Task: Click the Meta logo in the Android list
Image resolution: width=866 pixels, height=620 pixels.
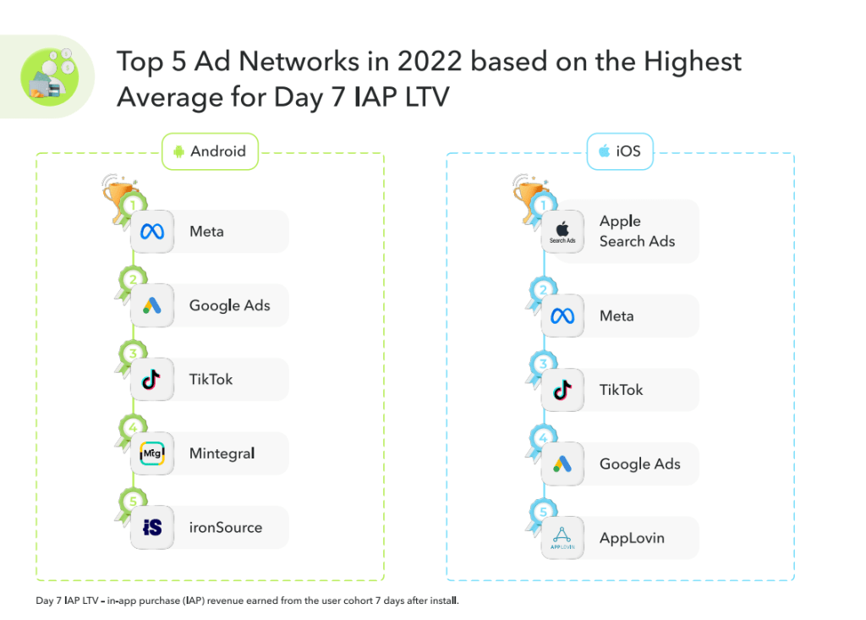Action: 152,232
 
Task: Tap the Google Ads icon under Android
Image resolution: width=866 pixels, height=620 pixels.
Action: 152,305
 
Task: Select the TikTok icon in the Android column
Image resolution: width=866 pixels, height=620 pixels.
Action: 152,380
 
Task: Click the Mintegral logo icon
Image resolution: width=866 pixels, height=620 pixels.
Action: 152,453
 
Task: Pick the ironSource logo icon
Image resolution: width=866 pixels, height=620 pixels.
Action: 152,528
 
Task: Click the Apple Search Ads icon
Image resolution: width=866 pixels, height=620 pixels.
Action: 562,232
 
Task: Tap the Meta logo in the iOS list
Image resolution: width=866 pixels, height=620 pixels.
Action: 562,316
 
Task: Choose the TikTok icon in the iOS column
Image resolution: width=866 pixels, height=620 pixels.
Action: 562,390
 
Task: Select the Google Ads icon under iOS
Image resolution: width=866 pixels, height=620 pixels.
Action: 562,464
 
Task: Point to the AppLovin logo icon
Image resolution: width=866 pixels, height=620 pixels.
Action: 562,538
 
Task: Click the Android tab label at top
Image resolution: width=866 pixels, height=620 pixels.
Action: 210,151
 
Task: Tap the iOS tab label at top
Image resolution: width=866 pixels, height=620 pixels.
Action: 620,151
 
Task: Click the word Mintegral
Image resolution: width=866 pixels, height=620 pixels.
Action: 222,453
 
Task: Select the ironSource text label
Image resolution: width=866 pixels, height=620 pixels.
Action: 226,528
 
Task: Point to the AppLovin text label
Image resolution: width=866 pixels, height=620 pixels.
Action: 633,538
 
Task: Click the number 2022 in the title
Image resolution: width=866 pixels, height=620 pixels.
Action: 430,62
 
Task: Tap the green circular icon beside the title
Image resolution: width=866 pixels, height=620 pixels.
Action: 50,77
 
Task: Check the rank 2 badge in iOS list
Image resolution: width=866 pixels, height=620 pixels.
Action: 544,290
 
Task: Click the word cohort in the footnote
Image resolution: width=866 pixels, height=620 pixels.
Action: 359,601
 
